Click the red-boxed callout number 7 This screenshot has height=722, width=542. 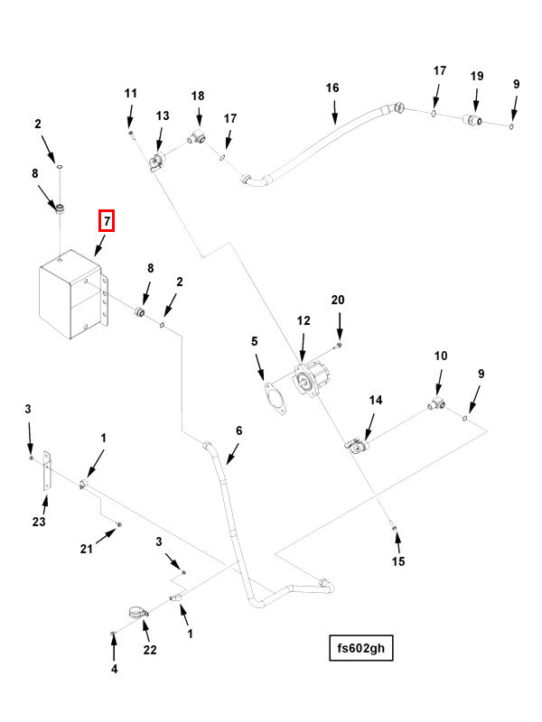point(107,220)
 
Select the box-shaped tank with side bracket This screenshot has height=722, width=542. point(70,299)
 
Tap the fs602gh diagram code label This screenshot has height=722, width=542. point(361,647)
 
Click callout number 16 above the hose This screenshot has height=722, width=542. point(332,88)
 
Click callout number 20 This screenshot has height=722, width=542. point(338,300)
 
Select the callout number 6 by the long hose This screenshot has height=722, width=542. point(239,430)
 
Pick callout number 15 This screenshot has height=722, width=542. point(398,562)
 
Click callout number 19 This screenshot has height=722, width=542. point(477,77)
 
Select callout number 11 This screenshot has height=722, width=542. point(130,94)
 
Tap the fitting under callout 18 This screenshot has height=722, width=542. point(195,138)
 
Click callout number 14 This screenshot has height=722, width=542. point(375,399)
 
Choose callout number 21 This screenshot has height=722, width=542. point(86,548)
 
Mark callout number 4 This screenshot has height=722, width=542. point(114,669)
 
